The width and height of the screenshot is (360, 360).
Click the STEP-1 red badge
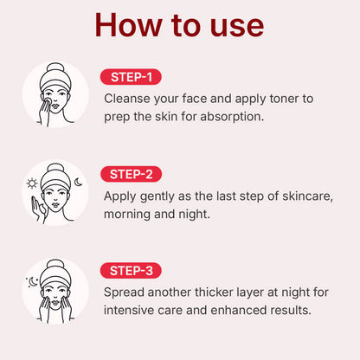coord(131,77)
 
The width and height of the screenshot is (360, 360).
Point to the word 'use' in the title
coord(232,26)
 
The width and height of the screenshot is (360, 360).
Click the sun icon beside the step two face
coord(33,183)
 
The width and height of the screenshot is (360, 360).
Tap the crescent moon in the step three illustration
coord(34,281)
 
